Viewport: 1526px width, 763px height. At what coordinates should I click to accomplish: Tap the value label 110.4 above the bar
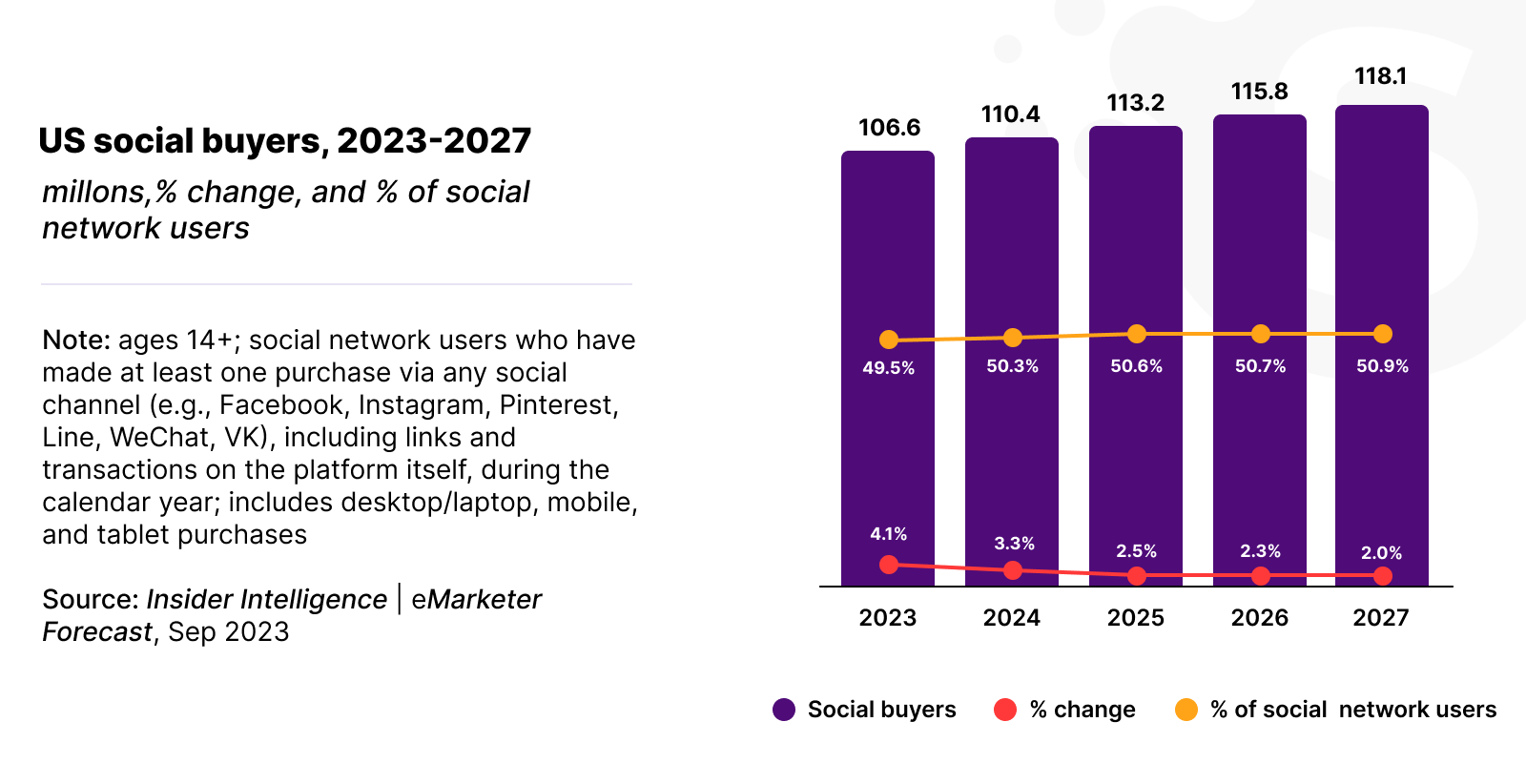point(1011,114)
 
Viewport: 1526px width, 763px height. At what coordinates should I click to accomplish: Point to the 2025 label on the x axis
point(1135,618)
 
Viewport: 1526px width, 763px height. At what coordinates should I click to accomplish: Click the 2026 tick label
point(1259,618)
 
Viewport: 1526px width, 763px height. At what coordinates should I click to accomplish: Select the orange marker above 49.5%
point(889,340)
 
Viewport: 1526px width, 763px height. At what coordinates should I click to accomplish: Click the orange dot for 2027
point(1383,334)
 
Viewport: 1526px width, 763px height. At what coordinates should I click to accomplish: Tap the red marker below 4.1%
point(889,565)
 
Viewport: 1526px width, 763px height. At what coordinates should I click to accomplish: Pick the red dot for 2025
point(1136,576)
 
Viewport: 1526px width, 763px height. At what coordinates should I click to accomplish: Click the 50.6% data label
point(1136,366)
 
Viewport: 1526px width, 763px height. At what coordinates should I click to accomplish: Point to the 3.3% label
point(1014,544)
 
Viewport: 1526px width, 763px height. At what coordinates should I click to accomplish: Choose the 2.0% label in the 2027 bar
point(1381,553)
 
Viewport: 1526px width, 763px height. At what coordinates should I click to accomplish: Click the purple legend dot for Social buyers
point(784,710)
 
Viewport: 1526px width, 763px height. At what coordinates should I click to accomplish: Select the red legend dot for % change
point(1005,710)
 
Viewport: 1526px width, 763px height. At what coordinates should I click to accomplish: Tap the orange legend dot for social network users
point(1186,710)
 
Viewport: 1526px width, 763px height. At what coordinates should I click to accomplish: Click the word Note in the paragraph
point(76,340)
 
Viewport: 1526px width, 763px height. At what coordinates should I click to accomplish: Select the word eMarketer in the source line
point(476,600)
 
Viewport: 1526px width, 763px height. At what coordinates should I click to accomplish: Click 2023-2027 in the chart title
point(434,141)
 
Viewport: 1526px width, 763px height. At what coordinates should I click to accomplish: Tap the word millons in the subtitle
point(93,193)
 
